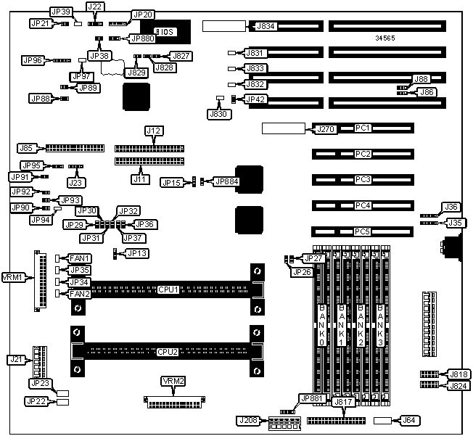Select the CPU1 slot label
tap(168, 289)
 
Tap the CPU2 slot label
tap(168, 352)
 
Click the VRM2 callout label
tap(173, 382)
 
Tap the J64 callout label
tap(408, 421)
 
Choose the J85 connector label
tap(28, 148)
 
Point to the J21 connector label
tap(16, 359)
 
